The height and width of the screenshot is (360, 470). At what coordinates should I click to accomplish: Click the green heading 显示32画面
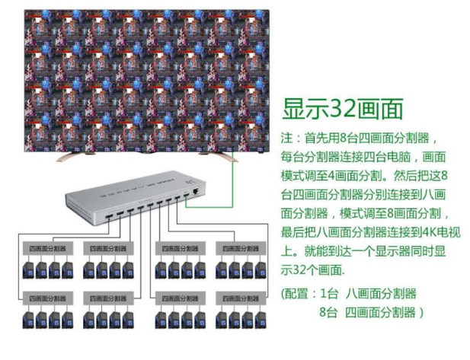pyautogui.click(x=342, y=109)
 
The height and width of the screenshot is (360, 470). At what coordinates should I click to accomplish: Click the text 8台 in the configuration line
pyautogui.click(x=328, y=312)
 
